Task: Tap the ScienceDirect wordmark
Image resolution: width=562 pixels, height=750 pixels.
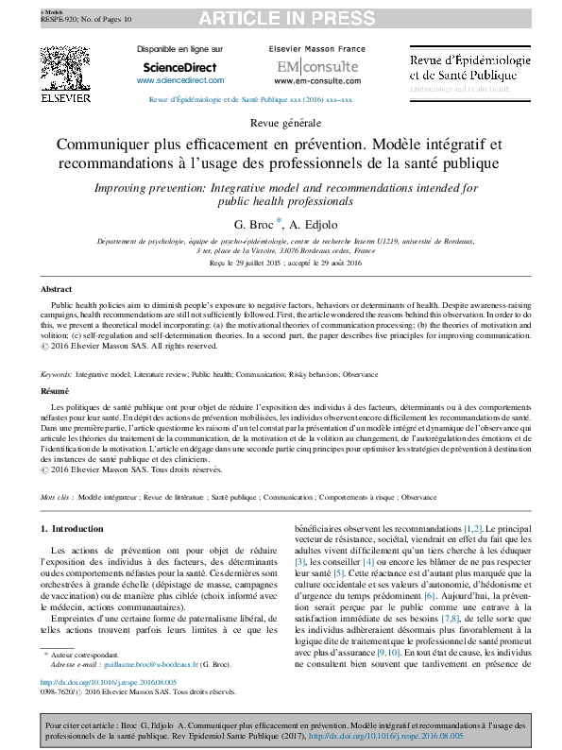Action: pyautogui.click(x=179, y=68)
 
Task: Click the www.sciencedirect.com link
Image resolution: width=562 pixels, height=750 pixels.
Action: pyautogui.click(x=179, y=81)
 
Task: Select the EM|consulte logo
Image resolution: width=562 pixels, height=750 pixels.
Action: pyautogui.click(x=304, y=68)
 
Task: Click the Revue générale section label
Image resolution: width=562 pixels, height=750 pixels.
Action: pyautogui.click(x=281, y=124)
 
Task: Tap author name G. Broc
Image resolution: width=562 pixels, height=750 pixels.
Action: pyautogui.click(x=253, y=224)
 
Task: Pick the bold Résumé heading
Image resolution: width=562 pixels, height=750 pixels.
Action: pyautogui.click(x=55, y=390)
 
